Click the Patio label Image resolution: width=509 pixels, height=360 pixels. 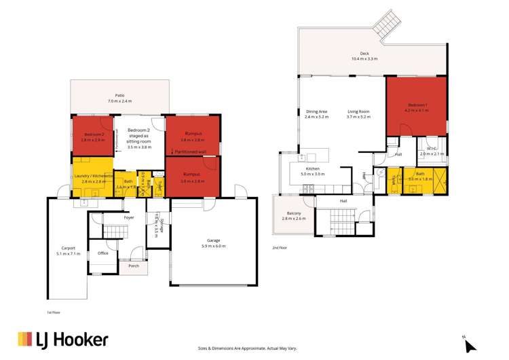point(119,96)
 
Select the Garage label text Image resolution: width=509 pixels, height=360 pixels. point(213,240)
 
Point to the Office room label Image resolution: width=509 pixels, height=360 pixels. point(103,253)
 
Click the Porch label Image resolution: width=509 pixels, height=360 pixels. point(133,266)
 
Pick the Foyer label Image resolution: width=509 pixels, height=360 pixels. point(128,217)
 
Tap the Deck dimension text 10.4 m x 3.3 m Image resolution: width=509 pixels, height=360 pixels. point(364,59)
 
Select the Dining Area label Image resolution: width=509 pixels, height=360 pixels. point(317,111)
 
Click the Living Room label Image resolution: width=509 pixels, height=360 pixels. point(358,111)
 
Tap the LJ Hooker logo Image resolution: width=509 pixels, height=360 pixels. point(63,339)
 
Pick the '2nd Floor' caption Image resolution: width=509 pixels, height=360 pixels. point(279,248)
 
